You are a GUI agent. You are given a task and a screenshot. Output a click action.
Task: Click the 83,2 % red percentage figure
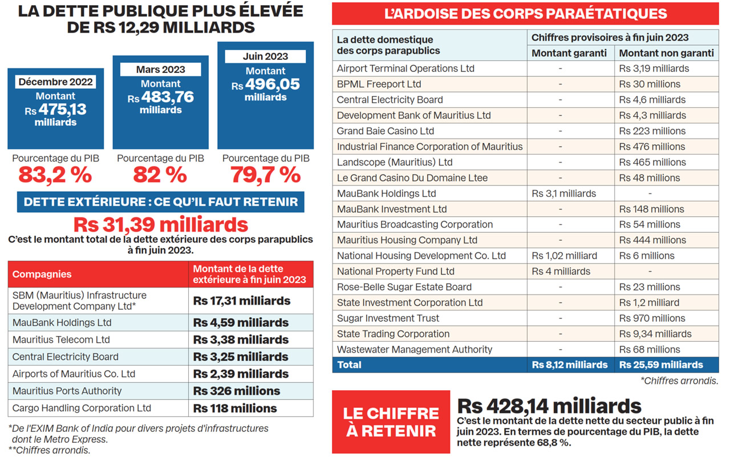tap(55, 175)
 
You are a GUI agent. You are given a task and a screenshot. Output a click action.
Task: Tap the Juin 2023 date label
tap(265, 56)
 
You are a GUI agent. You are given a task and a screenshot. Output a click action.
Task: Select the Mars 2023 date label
tap(160, 70)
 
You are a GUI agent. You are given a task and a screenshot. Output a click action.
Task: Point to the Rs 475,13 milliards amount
tap(55, 110)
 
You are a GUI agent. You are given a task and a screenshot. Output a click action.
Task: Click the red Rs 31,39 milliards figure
tap(160, 224)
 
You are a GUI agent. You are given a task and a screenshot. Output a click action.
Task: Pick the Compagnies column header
tap(42, 274)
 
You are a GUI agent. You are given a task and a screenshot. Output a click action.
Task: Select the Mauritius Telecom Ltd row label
tap(61, 340)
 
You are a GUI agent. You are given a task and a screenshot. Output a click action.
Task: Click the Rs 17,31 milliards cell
tap(242, 301)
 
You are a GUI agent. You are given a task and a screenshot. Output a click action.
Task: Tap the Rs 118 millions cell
tap(235, 409)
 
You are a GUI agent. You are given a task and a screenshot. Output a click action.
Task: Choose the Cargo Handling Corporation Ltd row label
tap(82, 409)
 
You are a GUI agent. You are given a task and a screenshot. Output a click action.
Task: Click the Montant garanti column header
tap(569, 53)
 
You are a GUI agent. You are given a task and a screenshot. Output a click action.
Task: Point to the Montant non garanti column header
tap(666, 53)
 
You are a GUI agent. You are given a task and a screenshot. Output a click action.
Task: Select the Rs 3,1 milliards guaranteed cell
tap(563, 193)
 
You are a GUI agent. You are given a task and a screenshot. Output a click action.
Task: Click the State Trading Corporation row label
tap(393, 334)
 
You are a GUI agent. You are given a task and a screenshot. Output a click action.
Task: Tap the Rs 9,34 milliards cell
tap(655, 334)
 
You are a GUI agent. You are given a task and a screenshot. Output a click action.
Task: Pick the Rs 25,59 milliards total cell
tap(661, 365)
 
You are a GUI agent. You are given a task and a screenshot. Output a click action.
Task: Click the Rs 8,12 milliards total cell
tap(569, 365)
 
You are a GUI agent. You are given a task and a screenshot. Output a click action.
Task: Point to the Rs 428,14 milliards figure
tap(549, 406)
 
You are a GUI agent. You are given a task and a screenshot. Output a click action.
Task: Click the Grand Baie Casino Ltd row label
tap(386, 131)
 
